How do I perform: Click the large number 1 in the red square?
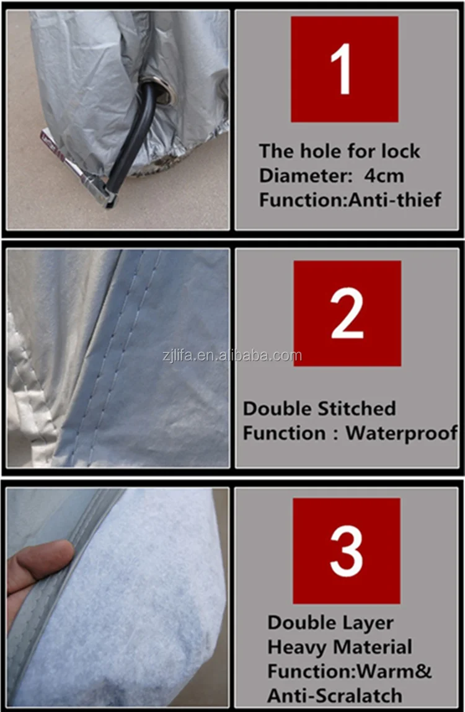(343, 69)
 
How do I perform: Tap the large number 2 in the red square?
(347, 313)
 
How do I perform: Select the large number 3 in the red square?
(346, 550)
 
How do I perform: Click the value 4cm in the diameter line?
(384, 175)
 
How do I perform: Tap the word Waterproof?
(401, 433)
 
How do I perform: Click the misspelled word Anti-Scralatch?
(335, 696)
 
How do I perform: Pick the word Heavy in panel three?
(295, 648)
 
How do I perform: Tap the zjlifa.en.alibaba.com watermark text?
(232, 356)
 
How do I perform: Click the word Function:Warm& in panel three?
(350, 672)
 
